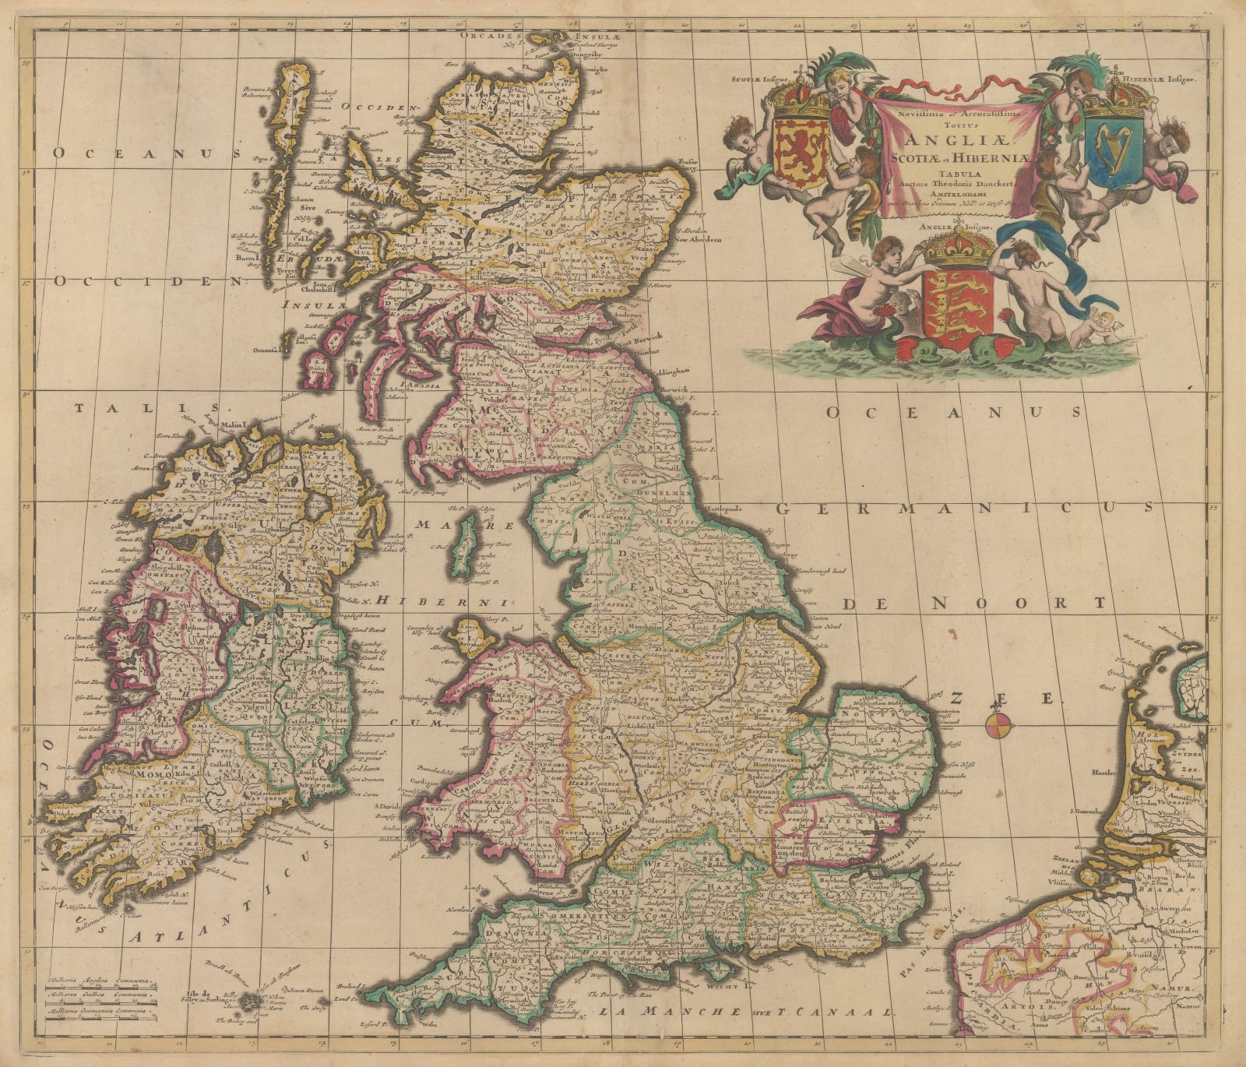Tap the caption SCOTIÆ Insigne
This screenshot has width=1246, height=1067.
point(760,79)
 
